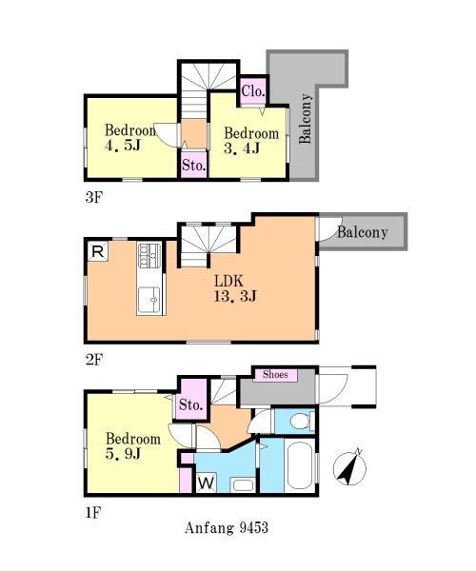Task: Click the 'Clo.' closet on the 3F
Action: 253,90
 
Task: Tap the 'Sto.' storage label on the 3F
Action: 194,165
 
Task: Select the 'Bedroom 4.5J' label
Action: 130,138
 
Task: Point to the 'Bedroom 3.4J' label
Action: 251,141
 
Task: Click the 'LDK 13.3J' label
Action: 235,288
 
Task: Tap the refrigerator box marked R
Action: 98,251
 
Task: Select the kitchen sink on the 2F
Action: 149,300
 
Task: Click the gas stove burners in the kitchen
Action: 149,255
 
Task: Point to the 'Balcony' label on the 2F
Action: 362,232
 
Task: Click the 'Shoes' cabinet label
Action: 275,375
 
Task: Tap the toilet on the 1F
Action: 303,421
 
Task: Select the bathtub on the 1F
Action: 300,467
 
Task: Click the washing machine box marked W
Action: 207,482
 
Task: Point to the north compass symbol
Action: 349,468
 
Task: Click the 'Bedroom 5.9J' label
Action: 133,445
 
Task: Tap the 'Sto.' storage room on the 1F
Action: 191,401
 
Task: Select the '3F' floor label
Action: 93,197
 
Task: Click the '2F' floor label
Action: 94,360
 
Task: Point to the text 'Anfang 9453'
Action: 227,527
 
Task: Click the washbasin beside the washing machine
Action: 243,484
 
